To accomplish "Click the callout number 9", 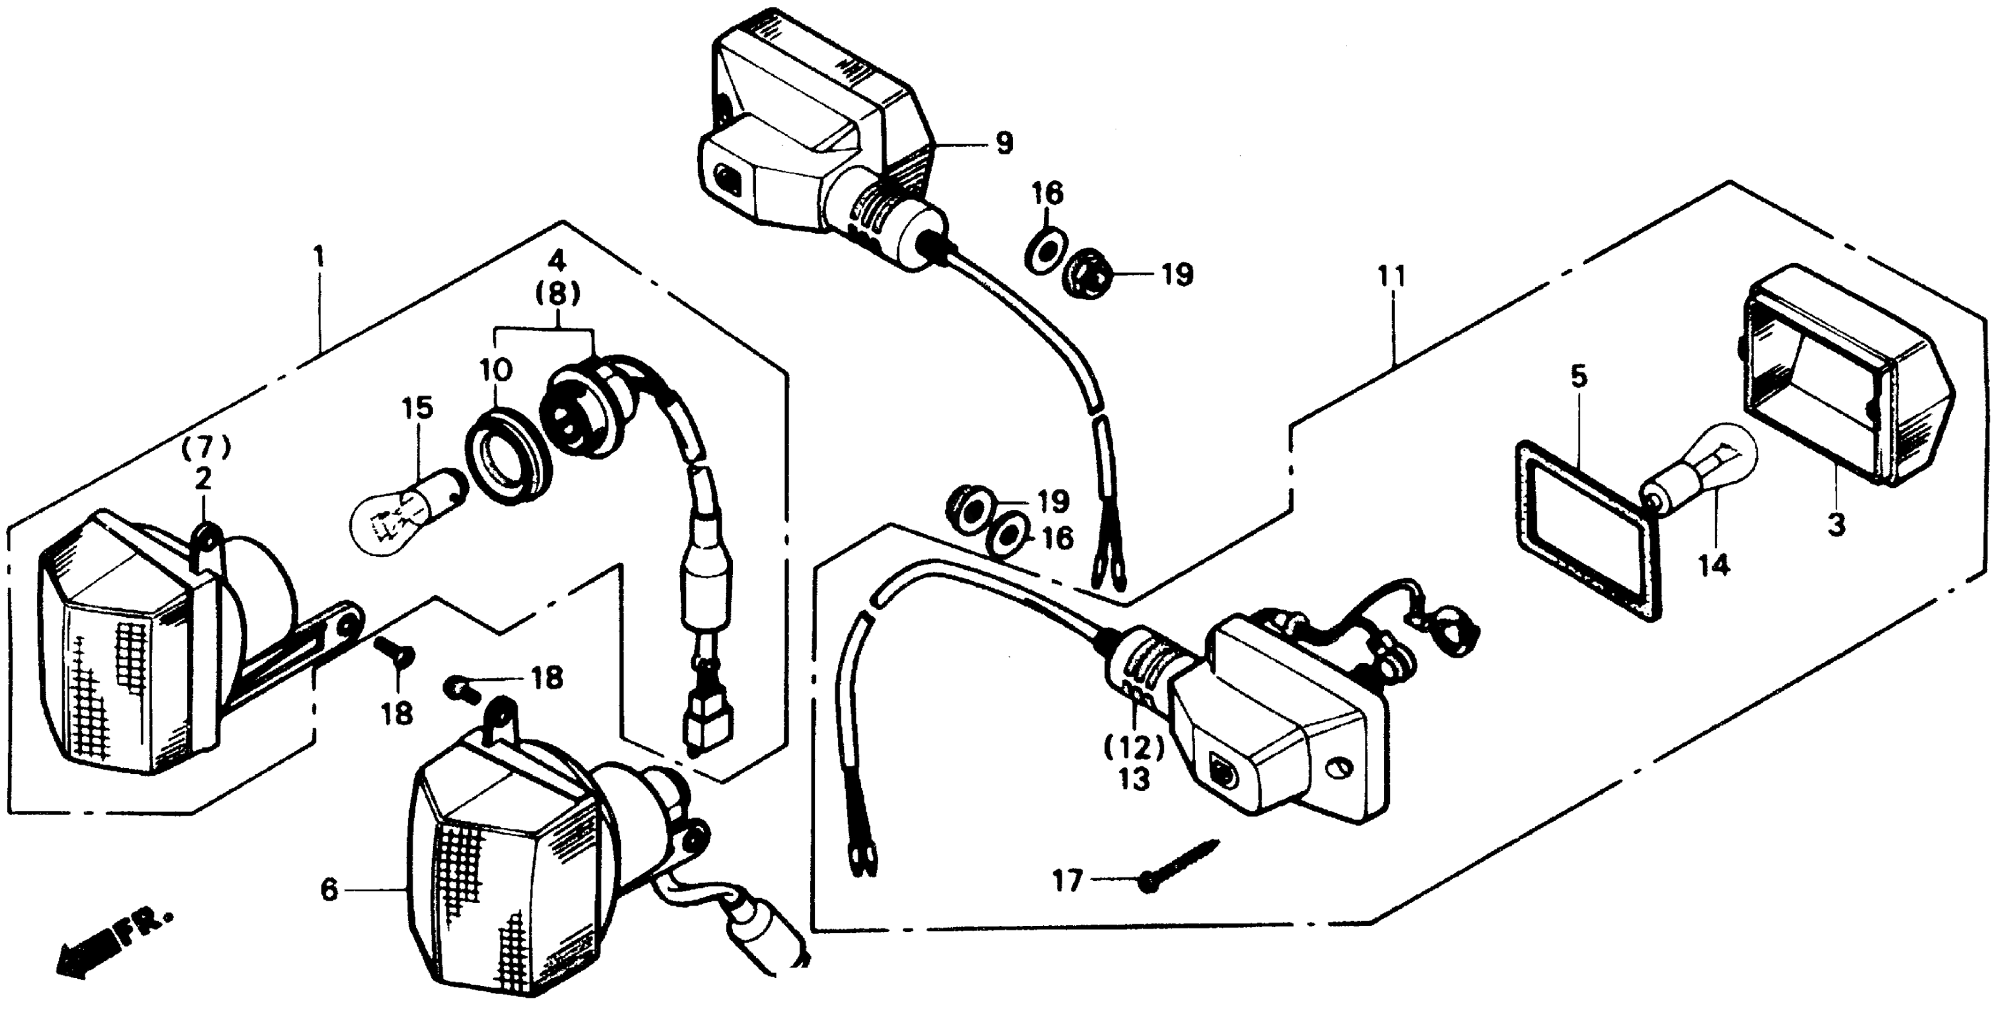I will pyautogui.click(x=1004, y=144).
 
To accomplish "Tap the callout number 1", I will pyautogui.click(x=318, y=258).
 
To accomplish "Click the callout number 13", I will pyautogui.click(x=1134, y=779).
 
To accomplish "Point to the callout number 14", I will pyautogui.click(x=1714, y=566).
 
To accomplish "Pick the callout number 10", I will pyautogui.click(x=496, y=370).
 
